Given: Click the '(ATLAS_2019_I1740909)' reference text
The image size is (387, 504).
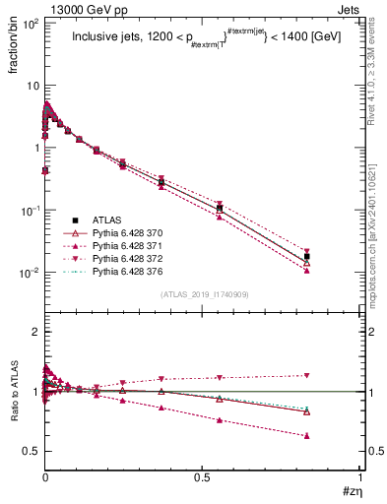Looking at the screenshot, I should (x=203, y=294).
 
